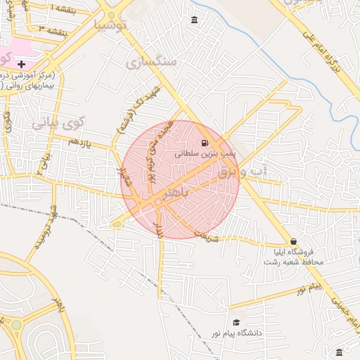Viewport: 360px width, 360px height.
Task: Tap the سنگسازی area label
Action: click(x=153, y=62)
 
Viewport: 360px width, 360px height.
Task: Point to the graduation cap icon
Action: click(x=236, y=322)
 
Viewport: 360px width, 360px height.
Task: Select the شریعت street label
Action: click(x=207, y=238)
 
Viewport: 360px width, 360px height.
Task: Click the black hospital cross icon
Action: click(x=22, y=64)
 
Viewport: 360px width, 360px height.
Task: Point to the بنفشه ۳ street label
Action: click(x=53, y=31)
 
